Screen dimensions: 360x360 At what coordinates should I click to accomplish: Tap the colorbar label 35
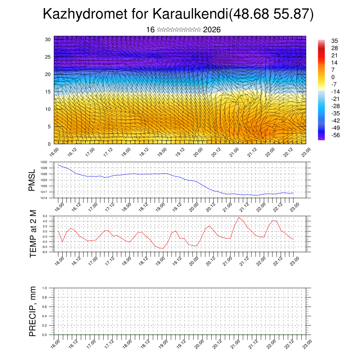pyautogui.click(x=334, y=41)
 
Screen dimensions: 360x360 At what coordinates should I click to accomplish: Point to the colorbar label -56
pyautogui.click(x=335, y=135)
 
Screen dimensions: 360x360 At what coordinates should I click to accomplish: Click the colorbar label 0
pyautogui.click(x=333, y=77)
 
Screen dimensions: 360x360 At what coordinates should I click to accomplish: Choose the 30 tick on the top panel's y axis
pyautogui.click(x=48, y=39)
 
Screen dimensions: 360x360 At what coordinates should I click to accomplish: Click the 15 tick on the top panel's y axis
pyautogui.click(x=48, y=92)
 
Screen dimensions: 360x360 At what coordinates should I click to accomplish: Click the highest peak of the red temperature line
pyautogui.click(x=239, y=217)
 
